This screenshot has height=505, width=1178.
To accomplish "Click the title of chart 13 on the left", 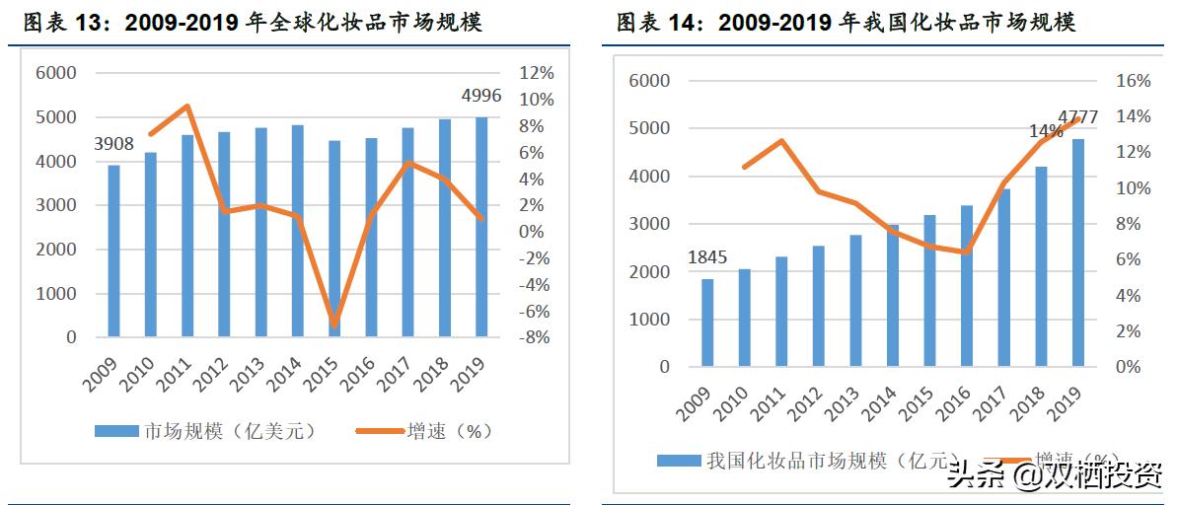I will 253,22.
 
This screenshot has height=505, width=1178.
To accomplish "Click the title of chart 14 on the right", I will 846,22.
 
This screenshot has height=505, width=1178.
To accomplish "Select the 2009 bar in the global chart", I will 114,251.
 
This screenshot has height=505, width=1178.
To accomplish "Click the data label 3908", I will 114,145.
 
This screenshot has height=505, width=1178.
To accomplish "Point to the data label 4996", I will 481,96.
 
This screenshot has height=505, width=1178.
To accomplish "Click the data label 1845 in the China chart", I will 706,257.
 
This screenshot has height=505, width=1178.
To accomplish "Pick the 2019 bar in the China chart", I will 1078,252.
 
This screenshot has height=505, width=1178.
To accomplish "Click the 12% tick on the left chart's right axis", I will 537,73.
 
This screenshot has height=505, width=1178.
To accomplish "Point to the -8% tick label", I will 536,337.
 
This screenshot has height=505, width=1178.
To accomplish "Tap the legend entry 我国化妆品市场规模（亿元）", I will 805,461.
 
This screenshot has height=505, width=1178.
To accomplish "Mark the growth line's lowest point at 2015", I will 334,325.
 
